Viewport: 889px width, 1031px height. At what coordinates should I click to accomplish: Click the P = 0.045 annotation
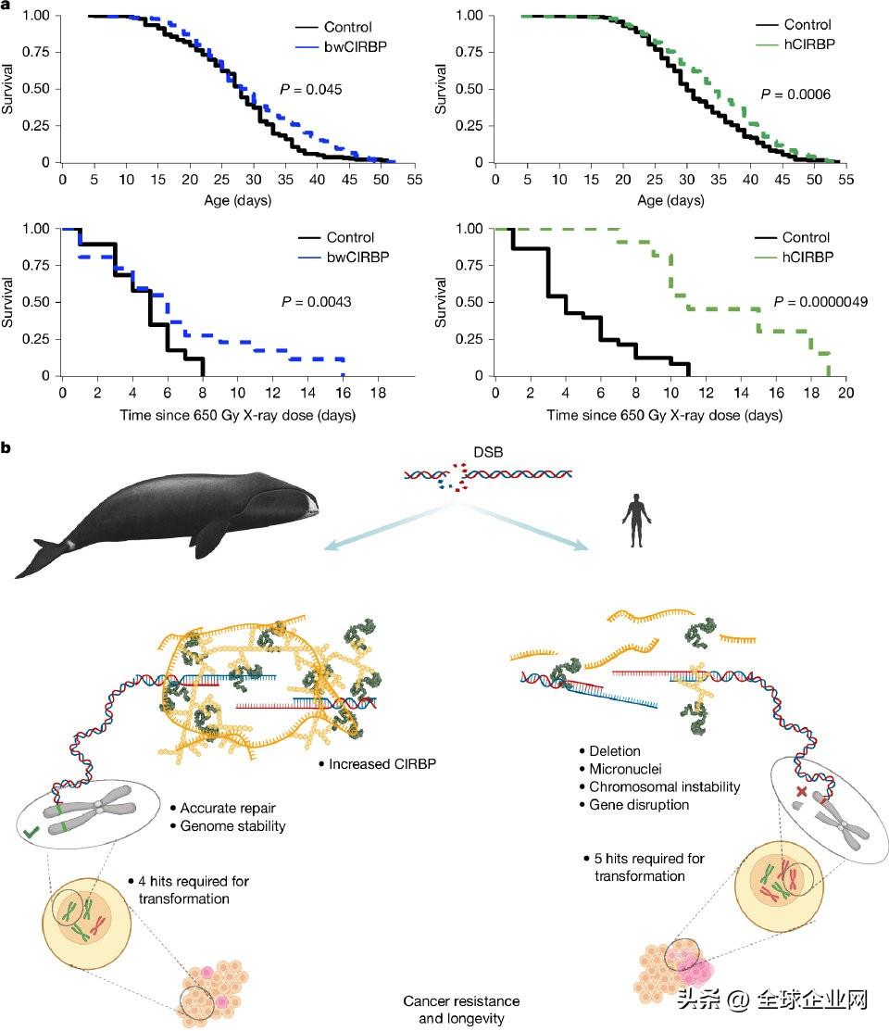(311, 90)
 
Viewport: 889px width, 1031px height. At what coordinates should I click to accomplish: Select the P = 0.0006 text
(795, 94)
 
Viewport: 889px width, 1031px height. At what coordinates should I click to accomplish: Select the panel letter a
(6, 6)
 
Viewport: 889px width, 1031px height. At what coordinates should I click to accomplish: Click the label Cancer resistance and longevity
(461, 1009)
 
